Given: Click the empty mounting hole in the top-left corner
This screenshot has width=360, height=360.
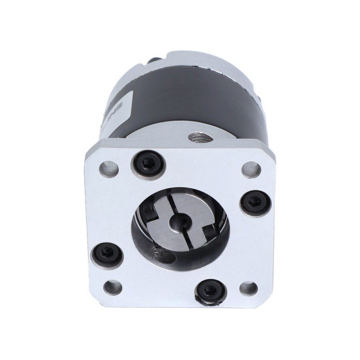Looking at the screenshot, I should point(107,170).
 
